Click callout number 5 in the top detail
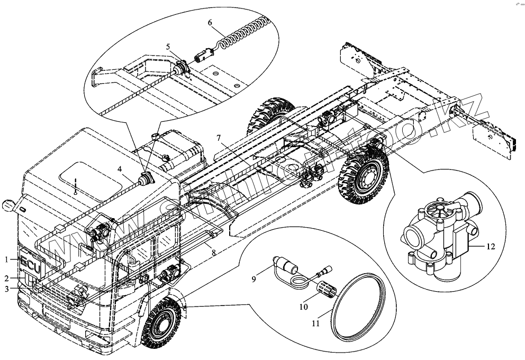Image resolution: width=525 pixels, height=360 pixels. coord(168,47)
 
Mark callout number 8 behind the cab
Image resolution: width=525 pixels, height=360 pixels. coord(213,254)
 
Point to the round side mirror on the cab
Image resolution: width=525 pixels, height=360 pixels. coord(8,205)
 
